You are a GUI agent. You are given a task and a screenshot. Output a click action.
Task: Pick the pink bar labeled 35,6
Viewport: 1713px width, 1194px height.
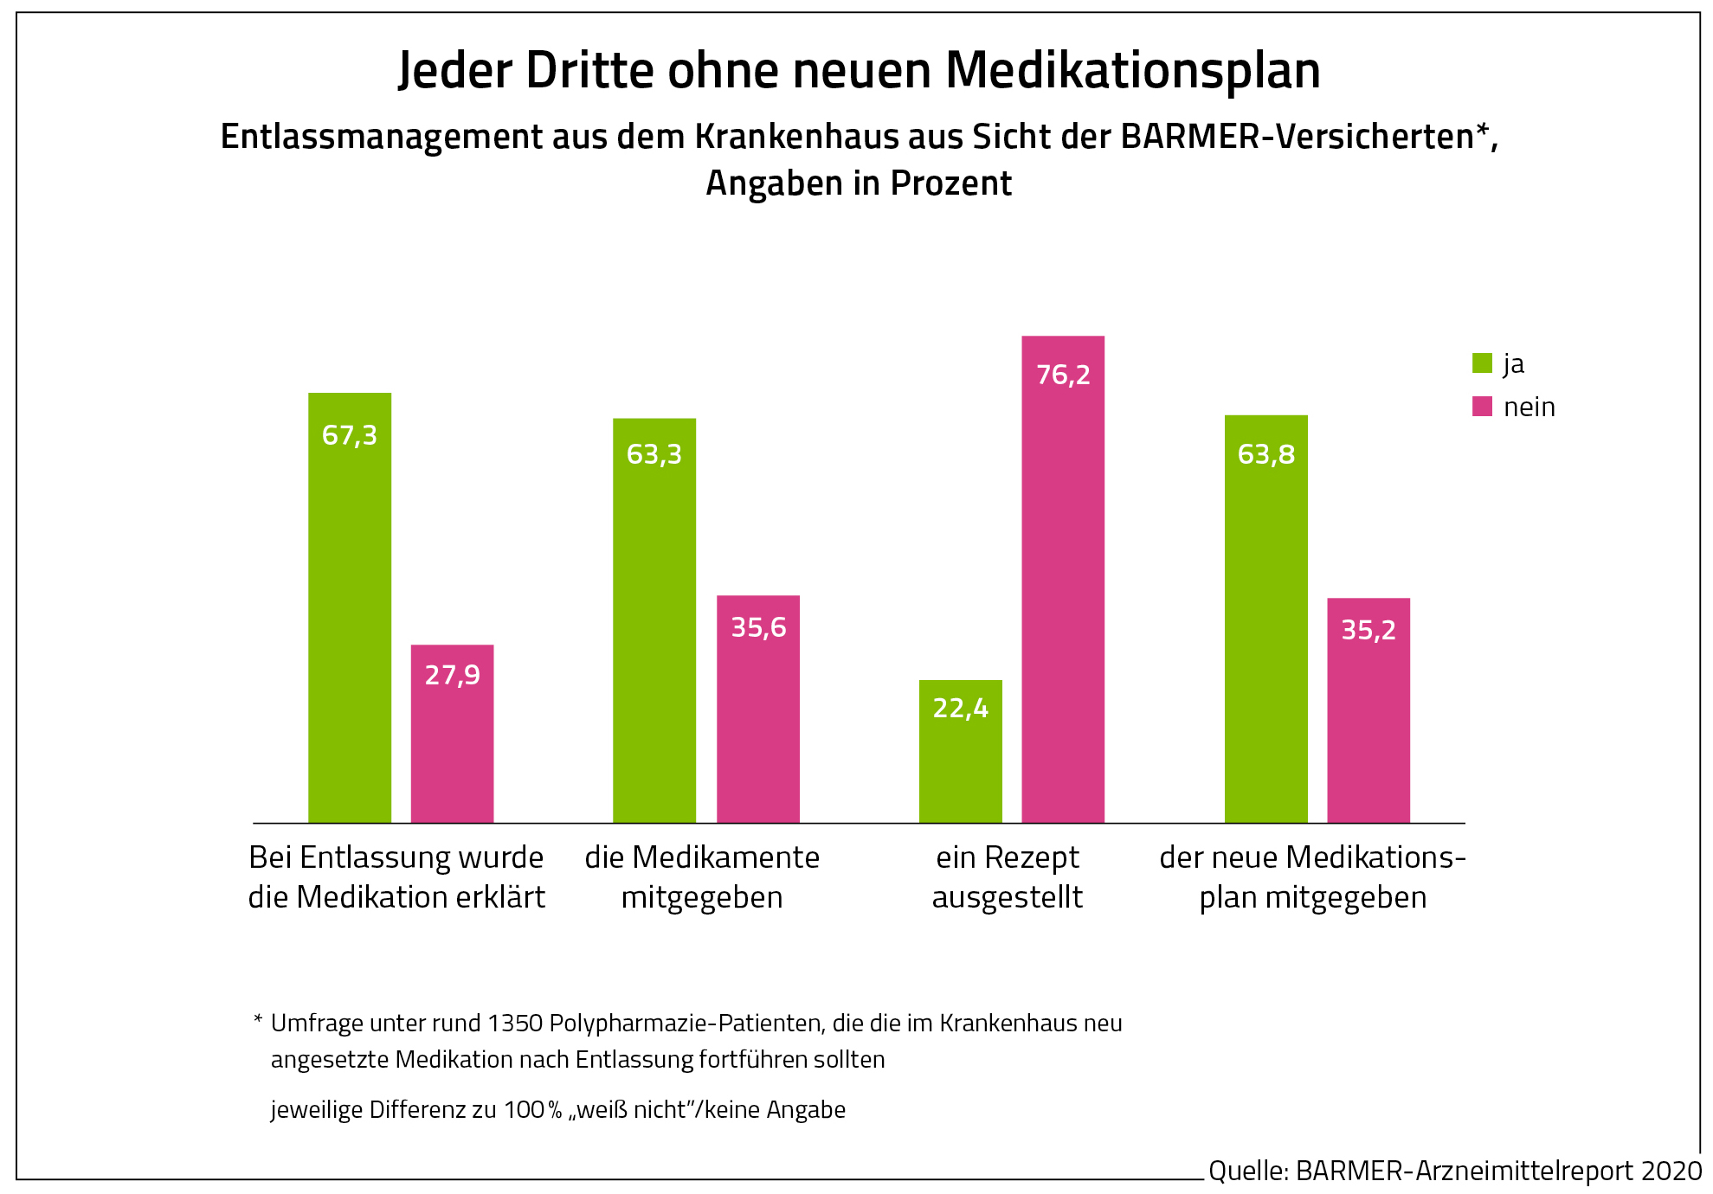[758, 709]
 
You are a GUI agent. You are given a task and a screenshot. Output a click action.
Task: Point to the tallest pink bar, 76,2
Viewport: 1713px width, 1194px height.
[1063, 579]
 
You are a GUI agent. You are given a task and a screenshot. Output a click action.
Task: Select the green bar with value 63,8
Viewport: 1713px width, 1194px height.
[1265, 619]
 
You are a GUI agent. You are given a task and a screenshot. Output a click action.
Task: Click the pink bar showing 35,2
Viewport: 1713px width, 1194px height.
[1368, 710]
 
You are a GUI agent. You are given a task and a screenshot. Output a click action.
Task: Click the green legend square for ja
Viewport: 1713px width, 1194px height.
[1482, 363]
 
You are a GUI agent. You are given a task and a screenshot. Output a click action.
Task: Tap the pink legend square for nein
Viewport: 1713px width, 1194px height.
[1482, 407]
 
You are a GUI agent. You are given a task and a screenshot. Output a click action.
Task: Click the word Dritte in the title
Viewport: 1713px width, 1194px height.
[589, 70]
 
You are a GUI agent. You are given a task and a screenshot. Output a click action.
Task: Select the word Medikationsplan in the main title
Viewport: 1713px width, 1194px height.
[1133, 70]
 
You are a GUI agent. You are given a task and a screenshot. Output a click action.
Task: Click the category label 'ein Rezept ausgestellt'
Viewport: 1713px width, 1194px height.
[1008, 877]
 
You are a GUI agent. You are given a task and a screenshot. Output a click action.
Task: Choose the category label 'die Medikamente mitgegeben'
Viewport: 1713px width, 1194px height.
[702, 877]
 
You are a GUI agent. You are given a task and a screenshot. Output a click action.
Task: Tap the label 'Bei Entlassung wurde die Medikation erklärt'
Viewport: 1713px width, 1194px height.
[396, 877]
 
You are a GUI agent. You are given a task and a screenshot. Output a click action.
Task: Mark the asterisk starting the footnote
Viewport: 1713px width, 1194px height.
[258, 1021]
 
